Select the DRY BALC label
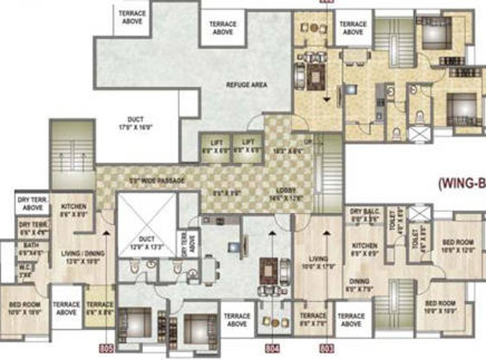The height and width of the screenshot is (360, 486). tap(358, 211)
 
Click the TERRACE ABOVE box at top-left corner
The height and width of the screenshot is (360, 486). tap(132, 18)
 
